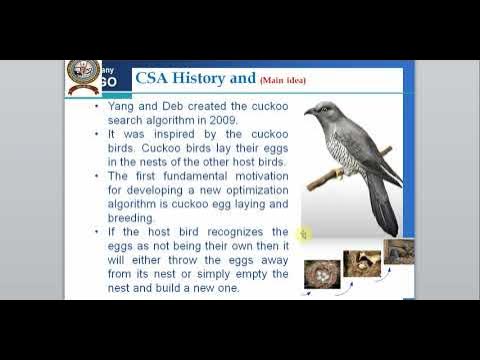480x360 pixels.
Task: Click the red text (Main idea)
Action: (x=283, y=80)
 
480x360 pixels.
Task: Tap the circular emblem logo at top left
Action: (x=82, y=76)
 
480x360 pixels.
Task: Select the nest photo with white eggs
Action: (x=320, y=274)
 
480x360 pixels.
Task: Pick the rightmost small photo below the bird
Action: (x=398, y=251)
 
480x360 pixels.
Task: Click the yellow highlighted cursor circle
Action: (x=303, y=234)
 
